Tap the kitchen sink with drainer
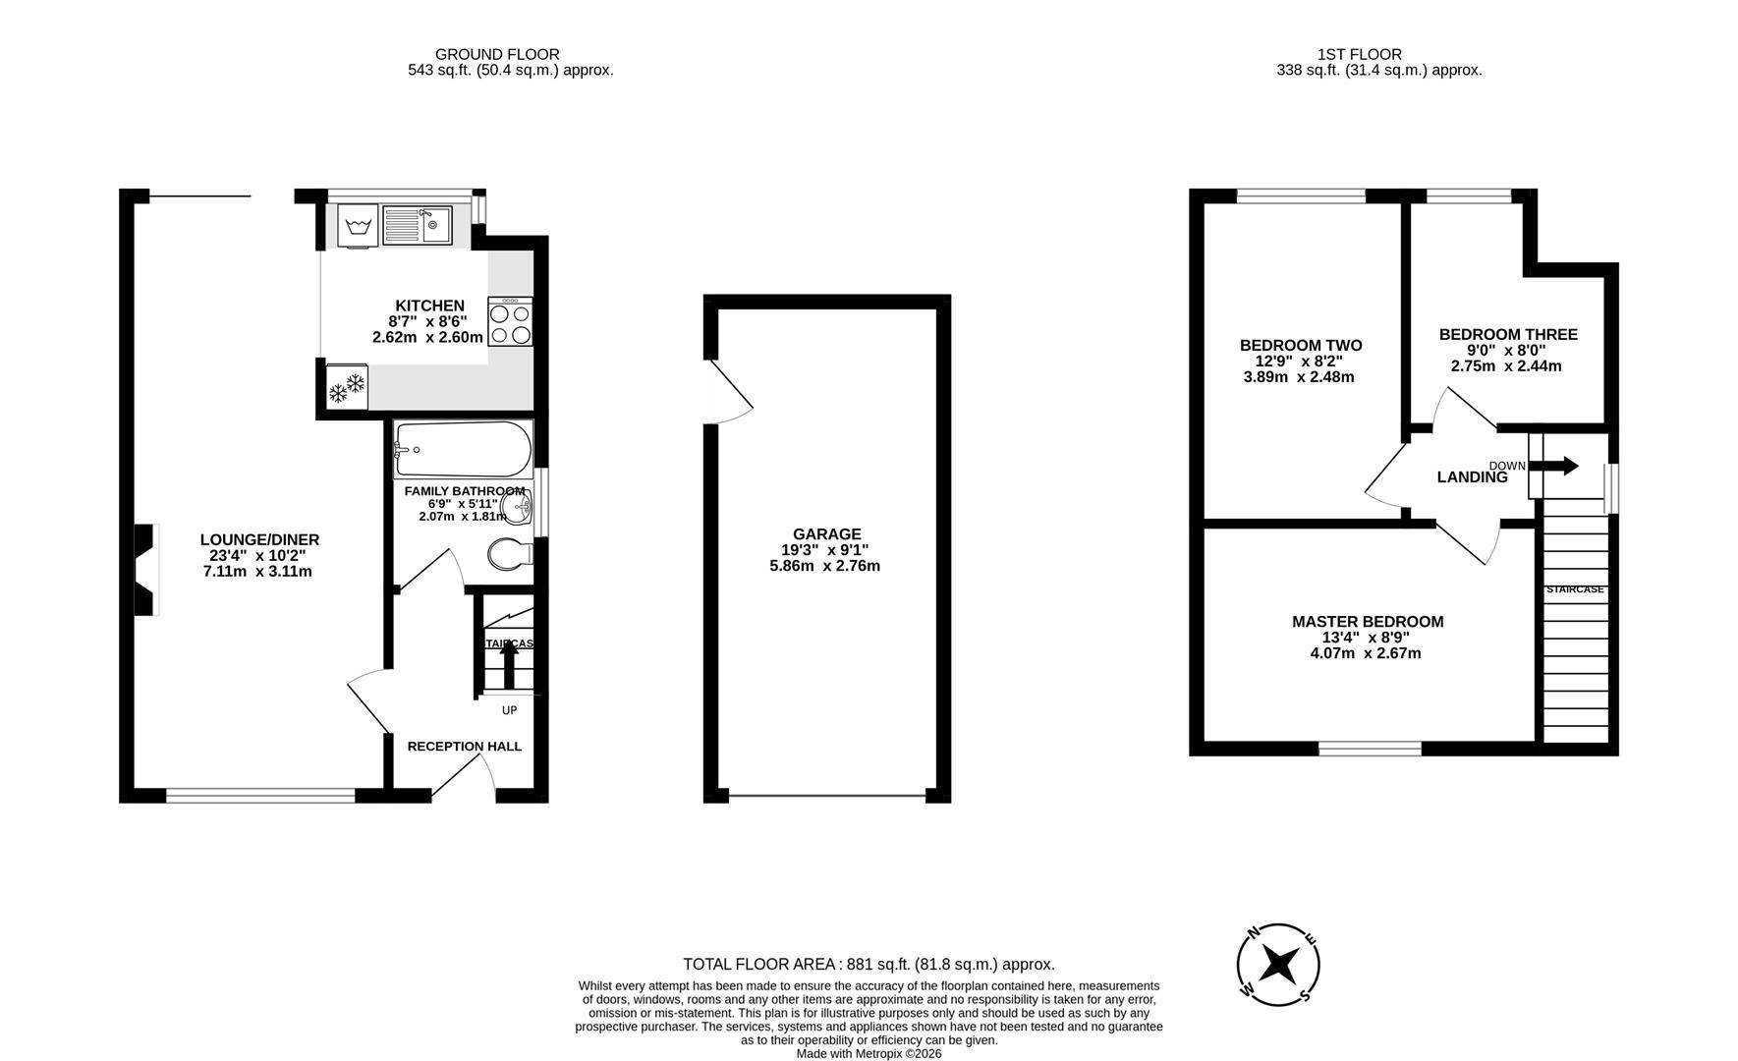(x=417, y=226)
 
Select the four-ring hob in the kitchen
(x=510, y=322)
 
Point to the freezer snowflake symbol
(x=346, y=388)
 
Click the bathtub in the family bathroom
(x=462, y=450)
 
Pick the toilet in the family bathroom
(x=510, y=554)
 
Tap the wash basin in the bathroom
(x=518, y=508)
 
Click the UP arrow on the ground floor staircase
(x=509, y=665)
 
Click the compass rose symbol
(x=1278, y=965)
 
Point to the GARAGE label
(x=826, y=534)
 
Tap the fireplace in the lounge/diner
(x=145, y=570)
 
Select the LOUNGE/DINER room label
(x=259, y=539)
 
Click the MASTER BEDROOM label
(x=1367, y=622)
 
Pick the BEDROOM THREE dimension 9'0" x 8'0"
(x=1506, y=350)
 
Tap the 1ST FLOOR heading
(x=1360, y=54)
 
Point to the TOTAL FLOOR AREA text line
(x=869, y=965)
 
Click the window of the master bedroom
(x=1370, y=749)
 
